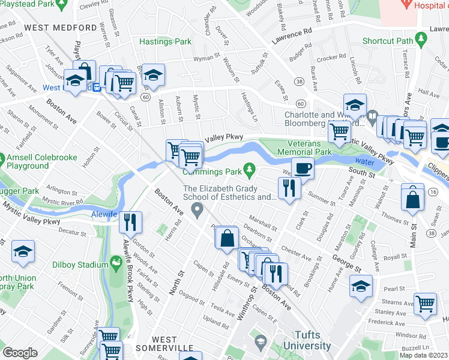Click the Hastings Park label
tap(165, 41)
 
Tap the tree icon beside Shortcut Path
tap(422, 41)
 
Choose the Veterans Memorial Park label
tap(301, 148)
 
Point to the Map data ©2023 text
tap(423, 355)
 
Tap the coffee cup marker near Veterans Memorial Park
tap(303, 169)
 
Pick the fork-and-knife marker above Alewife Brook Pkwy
tap(130, 223)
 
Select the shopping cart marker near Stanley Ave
tap(426, 304)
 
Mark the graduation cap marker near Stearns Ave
tap(361, 287)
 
